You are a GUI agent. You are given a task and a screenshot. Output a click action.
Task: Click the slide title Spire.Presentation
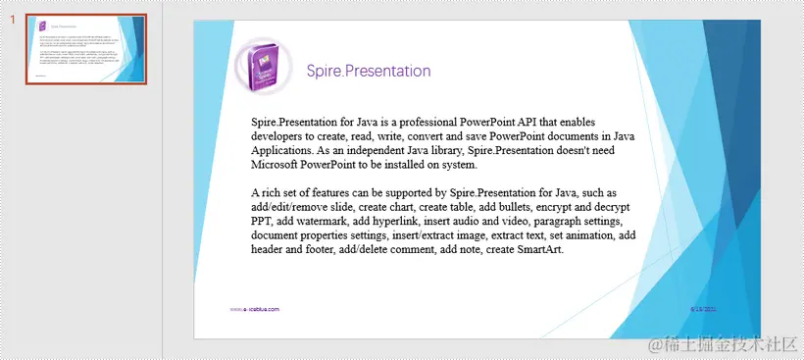coord(368,71)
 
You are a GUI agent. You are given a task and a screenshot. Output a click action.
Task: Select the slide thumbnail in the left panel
coord(85,50)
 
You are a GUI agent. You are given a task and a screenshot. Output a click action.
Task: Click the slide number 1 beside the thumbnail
coord(13,20)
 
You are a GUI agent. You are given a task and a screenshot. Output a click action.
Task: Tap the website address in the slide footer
coord(254,309)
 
